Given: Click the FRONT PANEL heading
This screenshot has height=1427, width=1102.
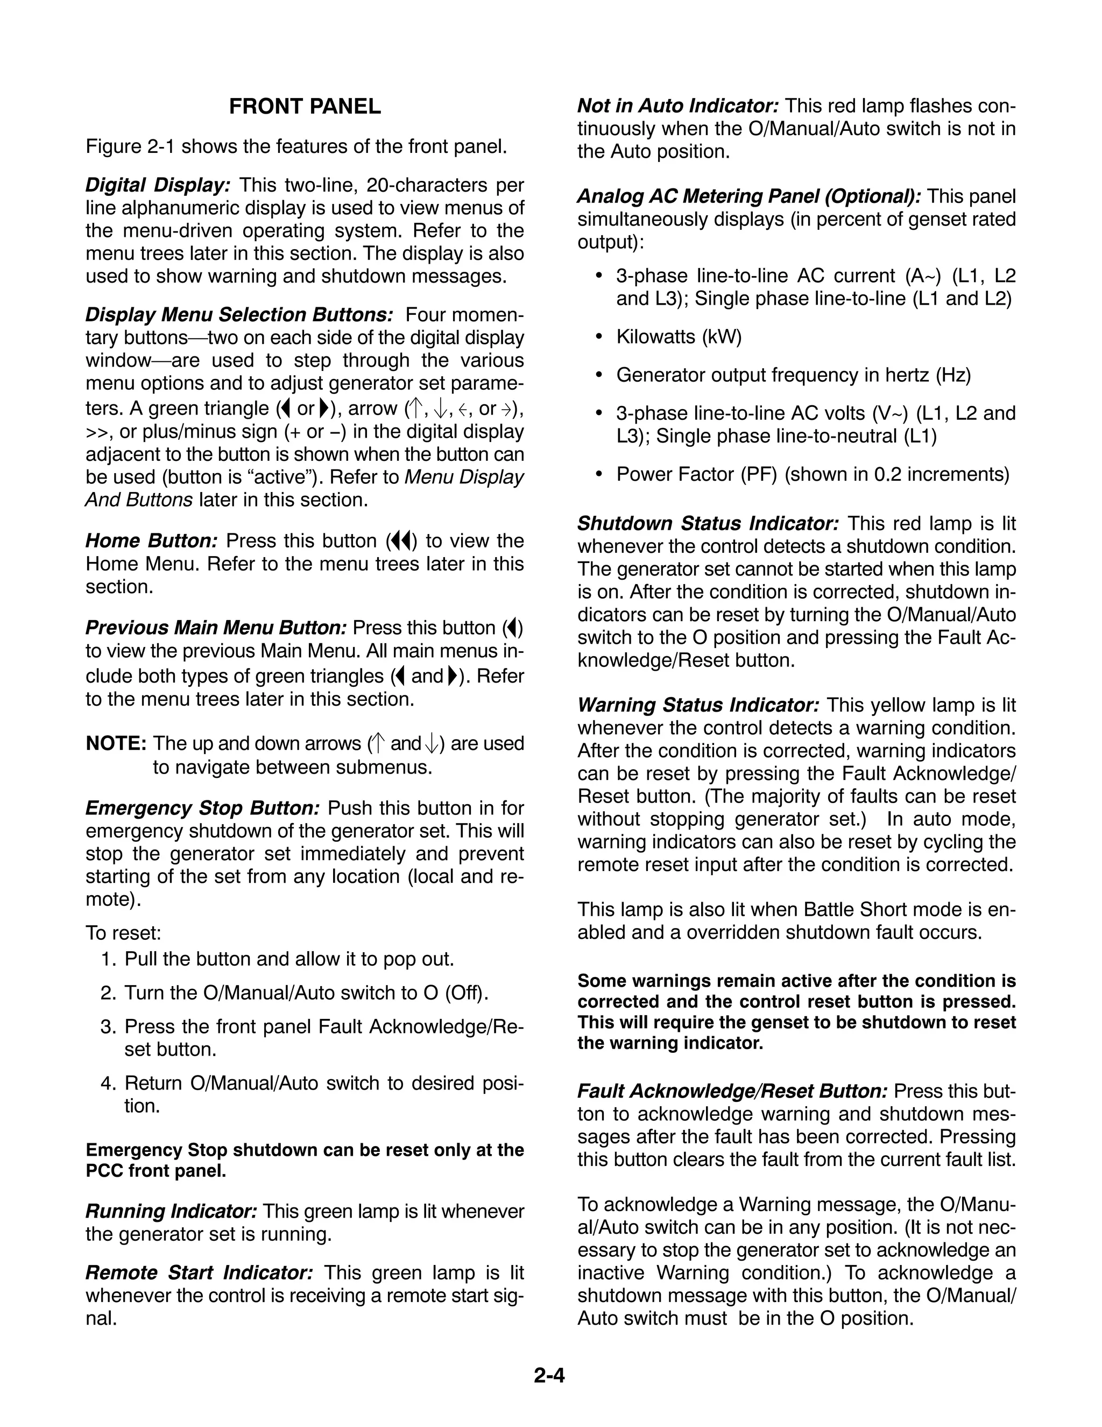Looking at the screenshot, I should [305, 107].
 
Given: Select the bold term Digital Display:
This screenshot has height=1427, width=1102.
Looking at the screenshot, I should [158, 185].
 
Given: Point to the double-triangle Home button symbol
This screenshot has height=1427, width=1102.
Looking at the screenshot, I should [400, 541].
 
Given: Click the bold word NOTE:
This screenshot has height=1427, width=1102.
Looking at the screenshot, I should [116, 743].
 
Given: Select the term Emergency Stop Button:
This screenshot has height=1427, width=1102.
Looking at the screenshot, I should [202, 809].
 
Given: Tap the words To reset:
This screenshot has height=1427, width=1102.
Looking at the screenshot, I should [123, 932].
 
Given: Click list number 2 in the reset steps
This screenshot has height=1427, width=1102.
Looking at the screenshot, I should [109, 993].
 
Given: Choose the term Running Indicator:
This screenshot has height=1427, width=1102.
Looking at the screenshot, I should [171, 1211].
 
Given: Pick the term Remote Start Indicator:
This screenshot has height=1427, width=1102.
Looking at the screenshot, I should [199, 1273].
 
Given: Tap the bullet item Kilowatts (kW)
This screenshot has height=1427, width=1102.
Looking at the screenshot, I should [679, 336].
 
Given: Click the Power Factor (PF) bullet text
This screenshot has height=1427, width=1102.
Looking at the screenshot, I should [696, 474].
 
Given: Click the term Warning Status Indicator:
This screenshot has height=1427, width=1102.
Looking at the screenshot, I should [698, 705].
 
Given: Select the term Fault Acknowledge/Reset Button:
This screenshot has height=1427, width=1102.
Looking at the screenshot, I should [732, 1091].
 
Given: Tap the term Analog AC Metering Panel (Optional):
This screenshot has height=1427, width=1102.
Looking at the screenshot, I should [748, 196].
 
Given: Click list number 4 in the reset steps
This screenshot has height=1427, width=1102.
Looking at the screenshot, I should [109, 1084].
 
